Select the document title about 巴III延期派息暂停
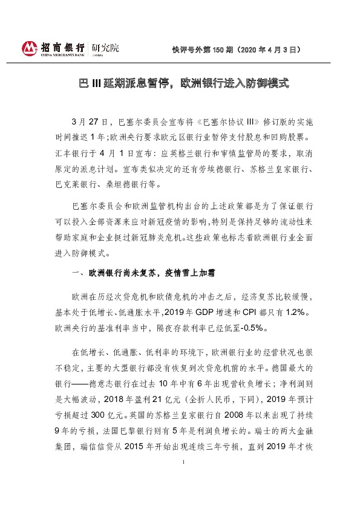[x=180, y=83]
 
